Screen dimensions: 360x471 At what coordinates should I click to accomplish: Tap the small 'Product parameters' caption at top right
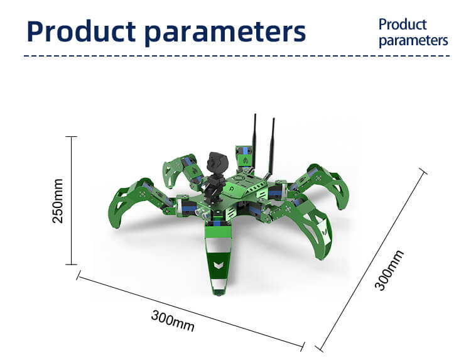point(413,33)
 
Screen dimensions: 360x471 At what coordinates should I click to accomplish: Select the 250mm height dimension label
point(58,200)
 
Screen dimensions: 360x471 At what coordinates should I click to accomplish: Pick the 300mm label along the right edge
point(389,270)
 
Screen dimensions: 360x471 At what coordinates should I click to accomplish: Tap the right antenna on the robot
point(273,141)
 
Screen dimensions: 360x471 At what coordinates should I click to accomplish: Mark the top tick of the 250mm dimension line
point(71,136)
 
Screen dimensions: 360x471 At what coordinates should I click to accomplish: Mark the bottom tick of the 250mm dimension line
point(71,265)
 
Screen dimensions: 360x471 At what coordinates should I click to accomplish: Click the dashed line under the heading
point(235,56)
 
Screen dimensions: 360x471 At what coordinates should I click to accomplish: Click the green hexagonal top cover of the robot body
point(245,186)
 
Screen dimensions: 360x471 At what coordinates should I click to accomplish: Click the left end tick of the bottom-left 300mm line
point(78,275)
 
